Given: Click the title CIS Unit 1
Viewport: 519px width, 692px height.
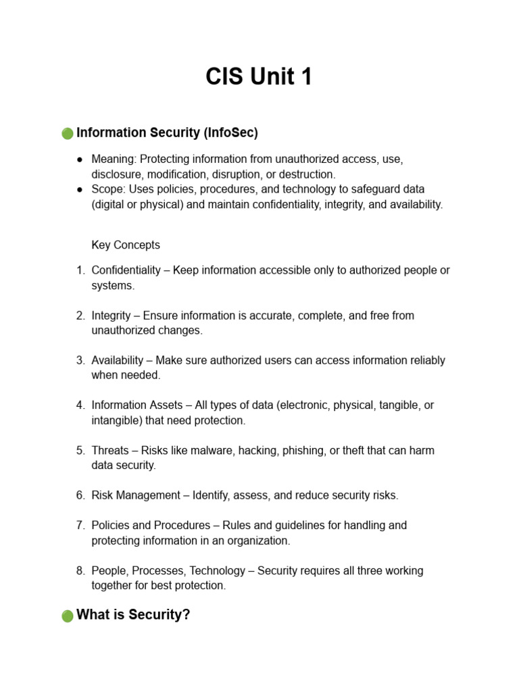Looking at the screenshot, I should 259,77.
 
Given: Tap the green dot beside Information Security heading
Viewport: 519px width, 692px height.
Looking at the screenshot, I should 68,134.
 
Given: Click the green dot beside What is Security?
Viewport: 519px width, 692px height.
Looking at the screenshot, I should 68,616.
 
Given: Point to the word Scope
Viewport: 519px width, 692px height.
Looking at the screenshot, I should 107,189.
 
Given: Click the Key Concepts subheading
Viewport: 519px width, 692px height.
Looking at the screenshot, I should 126,245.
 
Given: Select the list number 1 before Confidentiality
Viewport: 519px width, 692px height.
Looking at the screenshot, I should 80,270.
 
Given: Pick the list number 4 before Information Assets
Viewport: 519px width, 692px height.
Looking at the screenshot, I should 80,405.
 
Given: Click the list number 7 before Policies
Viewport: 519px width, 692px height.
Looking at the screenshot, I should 80,525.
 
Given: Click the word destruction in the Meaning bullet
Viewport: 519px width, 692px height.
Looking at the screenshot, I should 307,174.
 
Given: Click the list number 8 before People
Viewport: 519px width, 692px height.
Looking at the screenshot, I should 80,570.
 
